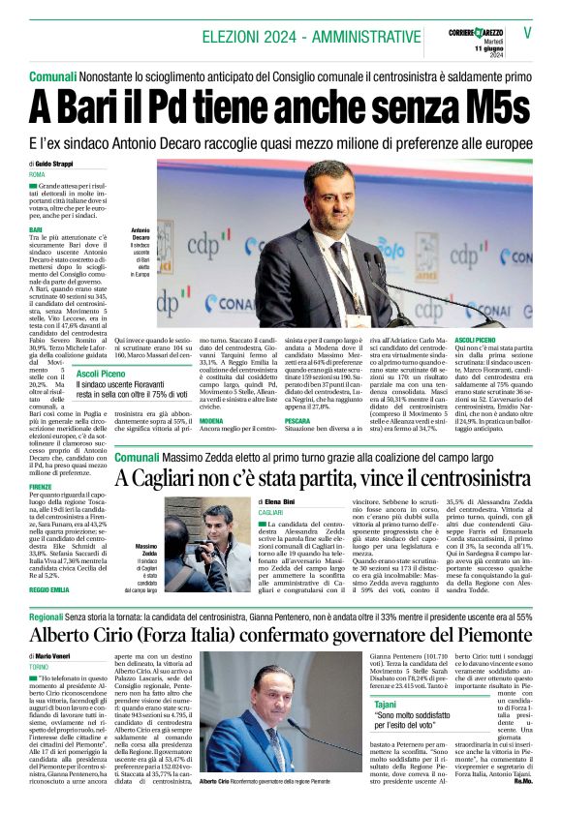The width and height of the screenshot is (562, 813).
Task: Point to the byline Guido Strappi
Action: coord(57,164)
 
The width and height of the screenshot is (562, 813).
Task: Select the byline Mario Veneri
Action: coord(58,656)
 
